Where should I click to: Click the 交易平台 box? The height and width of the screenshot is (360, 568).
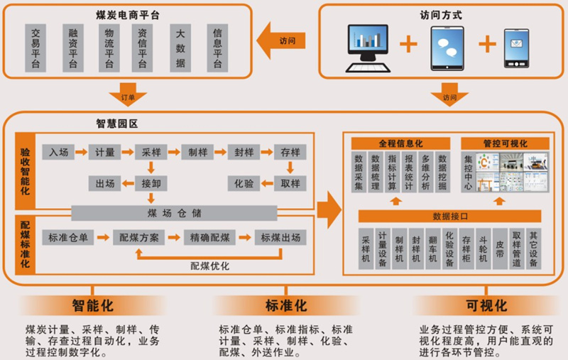pos(35,48)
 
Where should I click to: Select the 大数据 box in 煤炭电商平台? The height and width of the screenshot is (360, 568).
pos(180,48)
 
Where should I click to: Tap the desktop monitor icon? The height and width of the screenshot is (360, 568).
pos(371,47)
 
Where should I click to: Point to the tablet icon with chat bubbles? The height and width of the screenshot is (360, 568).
pos(447,47)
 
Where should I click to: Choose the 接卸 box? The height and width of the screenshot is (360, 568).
pos(150,183)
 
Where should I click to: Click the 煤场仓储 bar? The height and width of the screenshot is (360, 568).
pos(174,212)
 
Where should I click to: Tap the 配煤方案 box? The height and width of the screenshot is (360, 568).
pos(138,237)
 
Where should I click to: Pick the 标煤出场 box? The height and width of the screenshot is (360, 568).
pos(280,237)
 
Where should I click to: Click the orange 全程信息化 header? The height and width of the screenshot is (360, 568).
pos(401,143)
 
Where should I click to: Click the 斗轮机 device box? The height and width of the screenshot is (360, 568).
pos(483,249)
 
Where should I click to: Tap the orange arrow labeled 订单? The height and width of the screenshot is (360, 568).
pos(129,92)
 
